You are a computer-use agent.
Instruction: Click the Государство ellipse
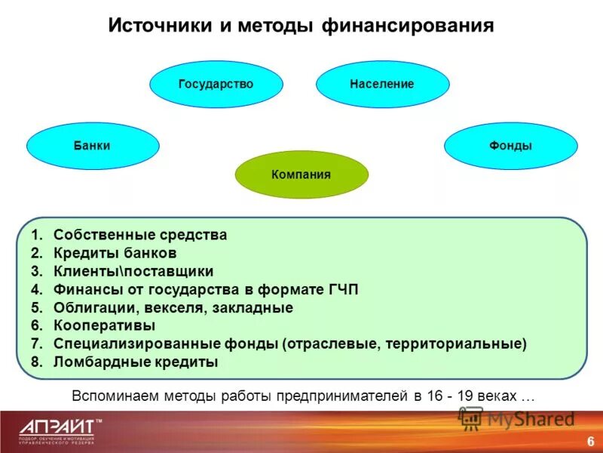coord(216,85)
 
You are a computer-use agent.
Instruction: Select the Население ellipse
coord(382,85)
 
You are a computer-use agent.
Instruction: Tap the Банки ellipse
coord(93,146)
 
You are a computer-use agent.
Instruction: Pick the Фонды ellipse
coord(510,146)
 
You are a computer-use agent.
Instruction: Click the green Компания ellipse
coord(301,174)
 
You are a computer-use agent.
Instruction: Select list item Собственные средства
coord(140,235)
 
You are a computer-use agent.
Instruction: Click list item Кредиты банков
coord(115,253)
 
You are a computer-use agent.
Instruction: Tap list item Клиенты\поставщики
coord(133,271)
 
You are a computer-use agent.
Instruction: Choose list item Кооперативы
coord(104,325)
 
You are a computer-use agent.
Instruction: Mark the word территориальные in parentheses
coord(454,344)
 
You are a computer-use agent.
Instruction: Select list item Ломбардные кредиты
coord(136,362)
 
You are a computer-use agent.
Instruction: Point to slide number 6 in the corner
coord(589,441)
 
